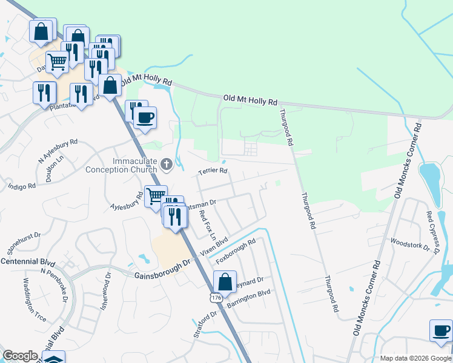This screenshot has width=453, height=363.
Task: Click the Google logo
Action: tap(20, 356)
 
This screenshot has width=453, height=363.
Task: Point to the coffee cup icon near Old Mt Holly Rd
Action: tap(145, 117)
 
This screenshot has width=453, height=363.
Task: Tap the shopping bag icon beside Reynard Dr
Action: tap(225, 282)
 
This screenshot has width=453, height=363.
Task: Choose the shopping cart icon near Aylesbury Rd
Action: tap(156, 195)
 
